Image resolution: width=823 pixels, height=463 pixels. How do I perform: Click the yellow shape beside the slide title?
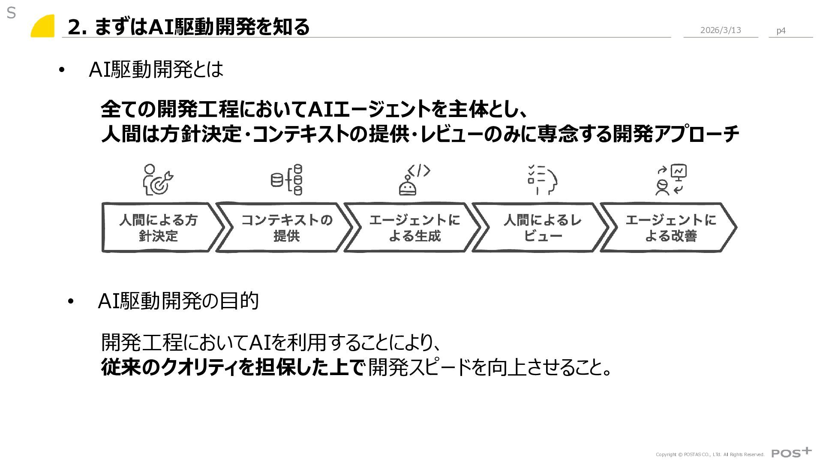[43, 27]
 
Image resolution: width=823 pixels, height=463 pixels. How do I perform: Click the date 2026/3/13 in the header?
[720, 30]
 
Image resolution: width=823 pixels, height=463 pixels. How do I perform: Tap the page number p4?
[781, 30]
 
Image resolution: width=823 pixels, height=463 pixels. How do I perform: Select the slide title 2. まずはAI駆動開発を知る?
[189, 27]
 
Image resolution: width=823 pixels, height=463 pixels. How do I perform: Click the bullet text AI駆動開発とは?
[156, 69]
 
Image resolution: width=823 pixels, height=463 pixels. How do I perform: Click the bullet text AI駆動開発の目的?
[178, 301]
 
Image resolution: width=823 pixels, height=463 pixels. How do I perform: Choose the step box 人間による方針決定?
[158, 228]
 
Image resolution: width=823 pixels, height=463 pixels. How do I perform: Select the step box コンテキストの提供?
[286, 228]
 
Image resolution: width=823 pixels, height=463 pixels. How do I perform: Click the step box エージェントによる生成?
[414, 228]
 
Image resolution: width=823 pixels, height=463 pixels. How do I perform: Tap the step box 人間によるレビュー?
[542, 228]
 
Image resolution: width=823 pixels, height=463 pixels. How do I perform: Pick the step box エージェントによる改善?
[670, 228]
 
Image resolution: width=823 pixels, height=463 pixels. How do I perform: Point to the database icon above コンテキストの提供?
[286, 180]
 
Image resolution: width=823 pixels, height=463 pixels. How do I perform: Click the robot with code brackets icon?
[414, 180]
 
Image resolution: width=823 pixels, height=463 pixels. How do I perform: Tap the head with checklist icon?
[542, 180]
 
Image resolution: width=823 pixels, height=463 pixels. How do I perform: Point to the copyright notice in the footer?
[710, 454]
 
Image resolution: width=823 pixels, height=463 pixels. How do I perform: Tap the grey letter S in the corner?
[11, 14]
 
